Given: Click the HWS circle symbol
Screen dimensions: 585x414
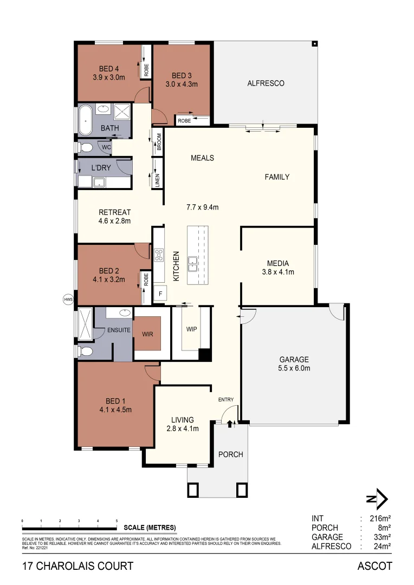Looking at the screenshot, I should (68, 298).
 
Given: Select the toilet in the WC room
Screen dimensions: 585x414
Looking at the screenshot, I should (86, 147).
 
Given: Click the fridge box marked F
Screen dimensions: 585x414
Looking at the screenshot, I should (160, 294).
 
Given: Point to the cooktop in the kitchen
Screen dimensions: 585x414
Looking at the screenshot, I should (159, 255).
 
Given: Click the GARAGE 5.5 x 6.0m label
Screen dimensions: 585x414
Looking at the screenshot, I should (294, 363).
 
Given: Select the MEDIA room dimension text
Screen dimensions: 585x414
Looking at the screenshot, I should (277, 272).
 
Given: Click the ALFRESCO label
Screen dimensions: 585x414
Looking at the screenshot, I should (266, 83).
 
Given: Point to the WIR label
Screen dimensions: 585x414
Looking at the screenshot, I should (147, 334).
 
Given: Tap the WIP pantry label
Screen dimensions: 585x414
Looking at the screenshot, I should (191, 329).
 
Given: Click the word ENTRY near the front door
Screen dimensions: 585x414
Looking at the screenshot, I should (226, 400).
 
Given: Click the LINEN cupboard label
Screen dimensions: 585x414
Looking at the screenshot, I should (158, 181).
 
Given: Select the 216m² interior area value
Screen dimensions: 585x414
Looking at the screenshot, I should (379, 518).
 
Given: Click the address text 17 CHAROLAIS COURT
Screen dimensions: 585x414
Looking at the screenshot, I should (77, 567).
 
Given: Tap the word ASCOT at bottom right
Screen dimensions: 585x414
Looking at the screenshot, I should (374, 567).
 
